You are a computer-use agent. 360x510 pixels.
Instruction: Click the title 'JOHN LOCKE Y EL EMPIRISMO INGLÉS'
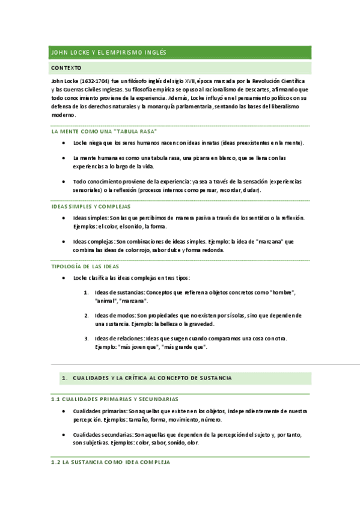click(109, 53)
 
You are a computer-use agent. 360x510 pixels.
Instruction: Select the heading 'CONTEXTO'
click(67, 69)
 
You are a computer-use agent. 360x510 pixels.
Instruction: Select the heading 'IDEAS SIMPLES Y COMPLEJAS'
click(91, 206)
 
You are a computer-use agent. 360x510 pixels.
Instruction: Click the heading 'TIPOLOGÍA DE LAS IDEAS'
click(85, 266)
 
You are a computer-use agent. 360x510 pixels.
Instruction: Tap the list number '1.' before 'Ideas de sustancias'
click(87, 292)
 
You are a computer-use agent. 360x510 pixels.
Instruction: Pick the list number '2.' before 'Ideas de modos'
click(87, 315)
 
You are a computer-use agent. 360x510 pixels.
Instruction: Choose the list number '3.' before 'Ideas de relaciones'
click(87, 339)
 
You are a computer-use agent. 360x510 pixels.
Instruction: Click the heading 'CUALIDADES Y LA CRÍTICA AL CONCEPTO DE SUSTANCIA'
click(152, 378)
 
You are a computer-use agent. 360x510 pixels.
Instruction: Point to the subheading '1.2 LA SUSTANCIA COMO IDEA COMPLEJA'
click(111, 462)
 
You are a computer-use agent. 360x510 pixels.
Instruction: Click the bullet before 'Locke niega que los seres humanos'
click(64, 143)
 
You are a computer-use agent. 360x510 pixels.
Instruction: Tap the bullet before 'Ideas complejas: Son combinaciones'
click(64, 242)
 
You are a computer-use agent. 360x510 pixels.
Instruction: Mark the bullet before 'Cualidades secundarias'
click(64, 434)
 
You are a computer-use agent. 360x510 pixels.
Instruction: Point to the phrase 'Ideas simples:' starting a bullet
click(91, 218)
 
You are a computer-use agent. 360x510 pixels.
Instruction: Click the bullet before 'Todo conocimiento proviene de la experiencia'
click(64, 181)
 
